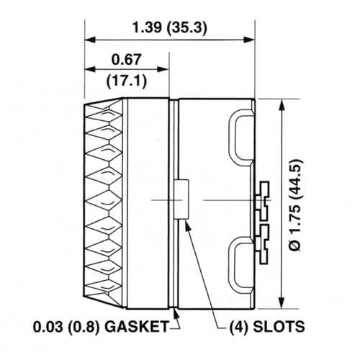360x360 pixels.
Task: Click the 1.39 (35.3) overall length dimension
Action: tap(169, 28)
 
